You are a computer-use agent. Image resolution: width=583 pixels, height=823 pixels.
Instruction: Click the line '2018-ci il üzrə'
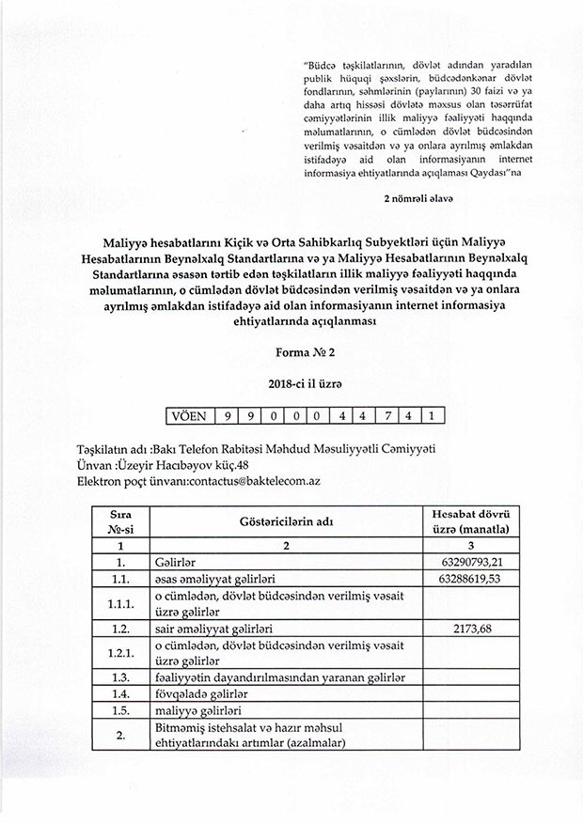tap(292, 385)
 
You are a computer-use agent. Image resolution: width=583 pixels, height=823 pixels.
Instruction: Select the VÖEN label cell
tap(192, 414)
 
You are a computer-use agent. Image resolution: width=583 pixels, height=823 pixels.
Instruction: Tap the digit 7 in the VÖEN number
tap(389, 414)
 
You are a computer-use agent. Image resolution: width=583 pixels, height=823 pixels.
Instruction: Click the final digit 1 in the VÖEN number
tap(430, 414)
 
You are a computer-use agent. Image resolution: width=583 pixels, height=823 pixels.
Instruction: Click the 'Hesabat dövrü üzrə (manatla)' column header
tap(470, 520)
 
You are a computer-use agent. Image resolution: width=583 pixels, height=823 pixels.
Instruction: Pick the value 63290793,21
tap(470, 561)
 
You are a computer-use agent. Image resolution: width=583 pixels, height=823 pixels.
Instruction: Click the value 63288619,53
tap(470, 579)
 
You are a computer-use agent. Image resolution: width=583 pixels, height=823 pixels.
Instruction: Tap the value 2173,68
tap(470, 627)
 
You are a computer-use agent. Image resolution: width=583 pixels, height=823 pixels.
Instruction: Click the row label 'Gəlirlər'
tap(174, 561)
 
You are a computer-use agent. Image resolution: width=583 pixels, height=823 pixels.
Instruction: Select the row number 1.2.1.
tap(119, 652)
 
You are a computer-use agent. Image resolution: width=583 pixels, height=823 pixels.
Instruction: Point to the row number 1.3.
tap(119, 677)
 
